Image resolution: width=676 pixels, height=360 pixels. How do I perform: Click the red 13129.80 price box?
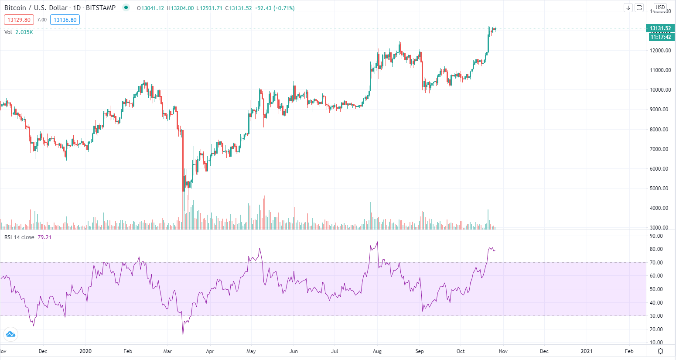19,20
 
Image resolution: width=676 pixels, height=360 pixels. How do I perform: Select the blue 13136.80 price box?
65,20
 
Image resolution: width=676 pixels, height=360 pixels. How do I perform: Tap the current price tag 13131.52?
660,28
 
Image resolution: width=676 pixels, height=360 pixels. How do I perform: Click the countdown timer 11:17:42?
660,37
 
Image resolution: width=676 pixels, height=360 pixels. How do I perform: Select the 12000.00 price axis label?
660,51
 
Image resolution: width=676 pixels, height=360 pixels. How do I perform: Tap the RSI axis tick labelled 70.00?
656,263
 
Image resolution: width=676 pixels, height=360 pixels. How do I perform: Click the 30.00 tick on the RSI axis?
656,316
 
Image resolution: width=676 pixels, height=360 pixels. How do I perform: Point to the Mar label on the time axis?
167,351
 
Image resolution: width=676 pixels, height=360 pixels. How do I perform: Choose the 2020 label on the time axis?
86,351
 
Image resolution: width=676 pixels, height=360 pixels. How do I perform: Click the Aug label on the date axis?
377,351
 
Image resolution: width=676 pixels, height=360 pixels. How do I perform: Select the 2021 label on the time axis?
587,351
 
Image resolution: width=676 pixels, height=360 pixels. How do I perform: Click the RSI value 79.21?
44,237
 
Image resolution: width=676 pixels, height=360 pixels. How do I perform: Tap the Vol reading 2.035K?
24,32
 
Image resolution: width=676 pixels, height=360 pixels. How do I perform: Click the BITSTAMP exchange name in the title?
101,8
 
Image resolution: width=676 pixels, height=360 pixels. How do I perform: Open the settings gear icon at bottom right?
660,351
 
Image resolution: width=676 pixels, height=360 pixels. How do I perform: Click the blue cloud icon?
10,335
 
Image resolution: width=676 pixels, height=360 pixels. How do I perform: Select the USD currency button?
660,7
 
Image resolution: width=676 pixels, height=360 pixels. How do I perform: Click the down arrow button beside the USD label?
628,7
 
